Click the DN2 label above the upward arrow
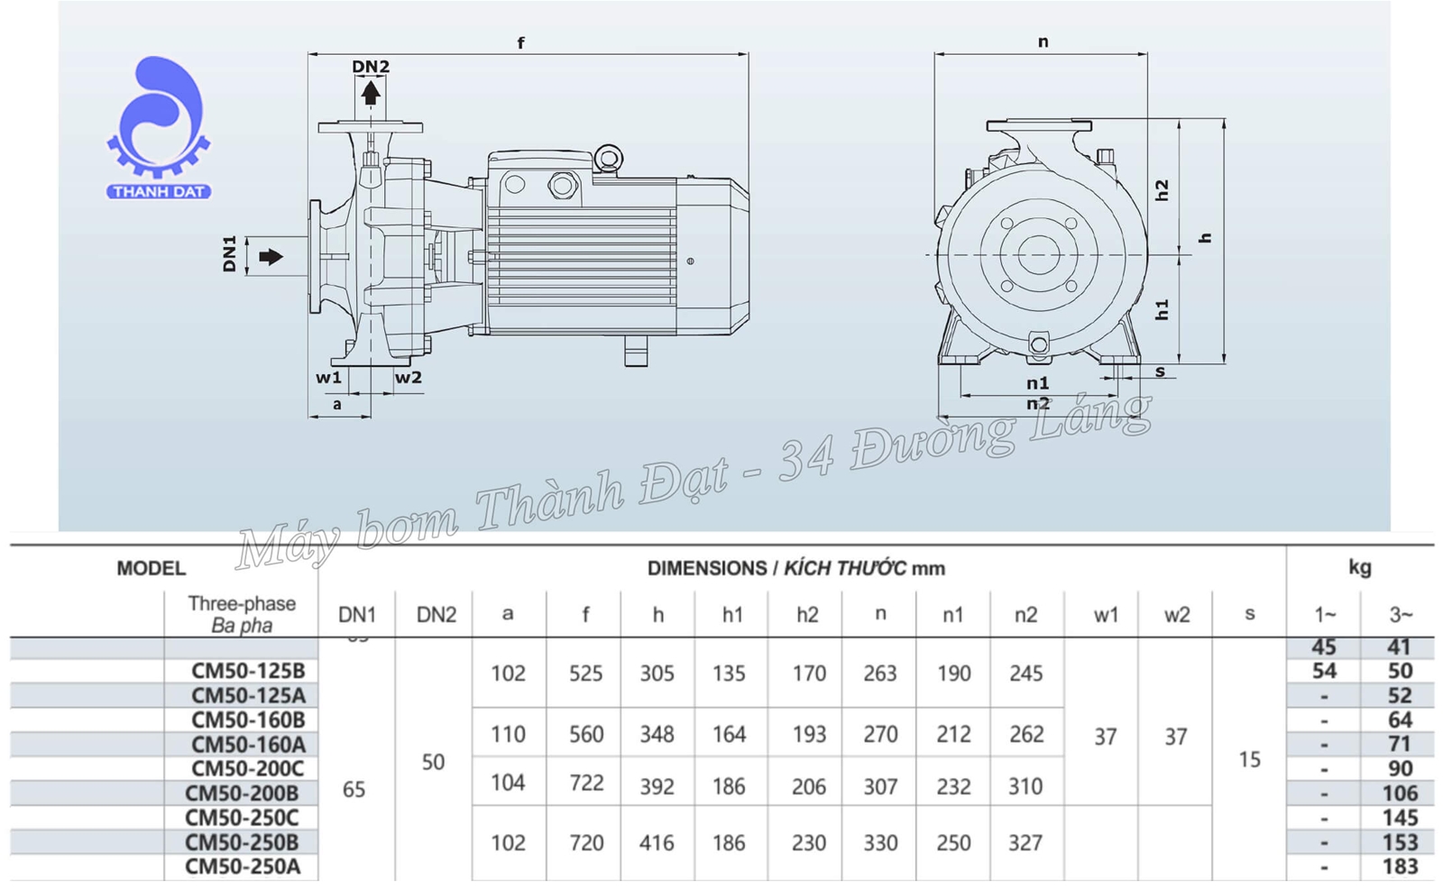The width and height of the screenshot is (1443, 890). [x=370, y=68]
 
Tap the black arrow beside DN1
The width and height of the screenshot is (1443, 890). [x=271, y=257]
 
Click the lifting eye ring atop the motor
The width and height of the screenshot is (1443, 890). [x=609, y=160]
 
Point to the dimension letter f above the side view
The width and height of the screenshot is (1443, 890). [x=520, y=43]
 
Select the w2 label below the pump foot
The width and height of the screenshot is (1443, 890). [x=409, y=378]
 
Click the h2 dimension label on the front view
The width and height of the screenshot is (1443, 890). [x=1163, y=190]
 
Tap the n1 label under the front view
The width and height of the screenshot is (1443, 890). [x=1038, y=383]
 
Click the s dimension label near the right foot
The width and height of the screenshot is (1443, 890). [x=1161, y=372]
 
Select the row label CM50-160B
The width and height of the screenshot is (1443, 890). [x=248, y=720]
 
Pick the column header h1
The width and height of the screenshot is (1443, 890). [x=732, y=615]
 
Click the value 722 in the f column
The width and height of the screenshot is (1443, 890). [x=586, y=783]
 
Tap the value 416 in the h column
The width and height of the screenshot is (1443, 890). [x=657, y=843]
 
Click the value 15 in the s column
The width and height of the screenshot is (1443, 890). [x=1249, y=760]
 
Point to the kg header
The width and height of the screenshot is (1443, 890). [x=1359, y=567]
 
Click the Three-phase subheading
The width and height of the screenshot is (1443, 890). [x=242, y=603]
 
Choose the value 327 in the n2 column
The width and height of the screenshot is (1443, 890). [x=1025, y=843]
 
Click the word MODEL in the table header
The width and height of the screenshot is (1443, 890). [x=151, y=568]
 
